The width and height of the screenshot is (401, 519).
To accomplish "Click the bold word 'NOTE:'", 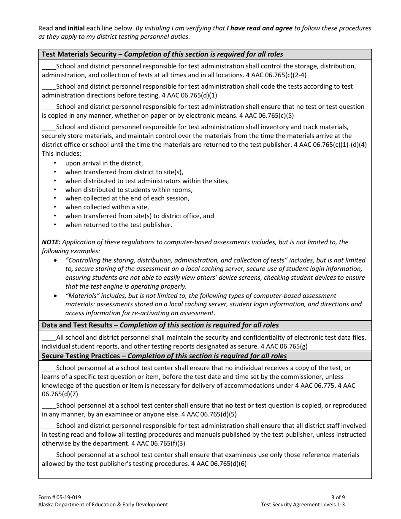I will coord(51,242).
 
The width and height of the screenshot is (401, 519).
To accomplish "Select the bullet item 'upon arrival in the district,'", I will coord(104,163).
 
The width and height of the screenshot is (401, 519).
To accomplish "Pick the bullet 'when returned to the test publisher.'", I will coord(118,225).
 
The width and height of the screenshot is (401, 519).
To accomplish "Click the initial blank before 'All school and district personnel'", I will coord(49,337).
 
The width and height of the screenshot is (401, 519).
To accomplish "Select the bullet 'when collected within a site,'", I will coord(107,207).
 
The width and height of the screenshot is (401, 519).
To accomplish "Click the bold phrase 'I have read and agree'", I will coord(259,28).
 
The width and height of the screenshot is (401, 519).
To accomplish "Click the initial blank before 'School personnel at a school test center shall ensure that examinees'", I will coord(49,455).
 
